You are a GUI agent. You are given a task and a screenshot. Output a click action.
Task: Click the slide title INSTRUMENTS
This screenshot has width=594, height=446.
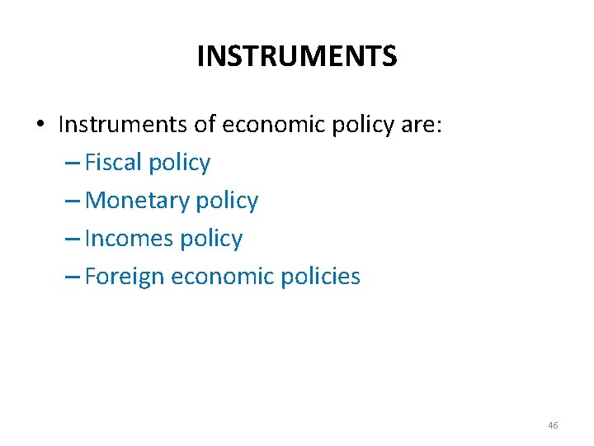297,56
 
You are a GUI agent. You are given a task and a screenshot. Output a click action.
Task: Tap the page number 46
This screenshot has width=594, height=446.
553,425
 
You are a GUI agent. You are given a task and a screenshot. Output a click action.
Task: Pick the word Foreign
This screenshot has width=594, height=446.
125,277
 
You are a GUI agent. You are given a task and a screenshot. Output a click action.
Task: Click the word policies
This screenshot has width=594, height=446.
319,277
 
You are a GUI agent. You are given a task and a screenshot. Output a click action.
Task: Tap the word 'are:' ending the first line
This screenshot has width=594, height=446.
422,125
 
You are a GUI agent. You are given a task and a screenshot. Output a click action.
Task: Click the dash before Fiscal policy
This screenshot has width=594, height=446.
72,164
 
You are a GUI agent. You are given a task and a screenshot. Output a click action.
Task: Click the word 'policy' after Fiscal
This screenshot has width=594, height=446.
179,164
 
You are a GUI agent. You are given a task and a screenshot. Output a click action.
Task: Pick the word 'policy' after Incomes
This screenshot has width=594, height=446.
212,239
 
